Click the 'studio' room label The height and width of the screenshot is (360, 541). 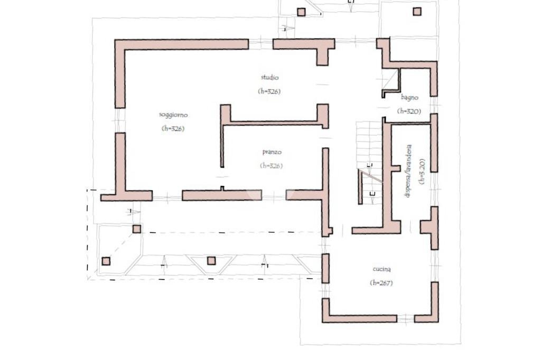269,78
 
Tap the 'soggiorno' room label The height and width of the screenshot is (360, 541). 173,115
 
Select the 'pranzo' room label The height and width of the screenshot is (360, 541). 272,153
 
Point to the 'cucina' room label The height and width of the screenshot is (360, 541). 381,270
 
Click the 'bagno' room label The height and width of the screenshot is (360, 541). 409,97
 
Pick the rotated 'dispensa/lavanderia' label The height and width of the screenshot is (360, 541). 408,171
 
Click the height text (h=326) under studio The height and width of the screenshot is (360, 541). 269,91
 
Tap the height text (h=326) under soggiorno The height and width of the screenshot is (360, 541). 173,128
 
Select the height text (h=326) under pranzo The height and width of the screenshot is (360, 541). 272,166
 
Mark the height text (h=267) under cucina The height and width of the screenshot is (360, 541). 381,283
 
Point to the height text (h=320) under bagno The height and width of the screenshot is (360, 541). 409,111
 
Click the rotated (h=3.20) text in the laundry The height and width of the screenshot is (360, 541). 421,171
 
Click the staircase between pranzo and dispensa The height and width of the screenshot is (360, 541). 369,158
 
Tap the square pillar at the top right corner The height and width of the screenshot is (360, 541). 417,11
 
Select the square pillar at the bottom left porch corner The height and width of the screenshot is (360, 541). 106,261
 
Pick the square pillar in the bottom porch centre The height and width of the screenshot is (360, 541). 211,260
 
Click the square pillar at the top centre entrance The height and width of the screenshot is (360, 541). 301,12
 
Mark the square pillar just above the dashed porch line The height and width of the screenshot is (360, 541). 136,229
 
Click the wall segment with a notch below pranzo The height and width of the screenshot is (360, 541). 222,195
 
